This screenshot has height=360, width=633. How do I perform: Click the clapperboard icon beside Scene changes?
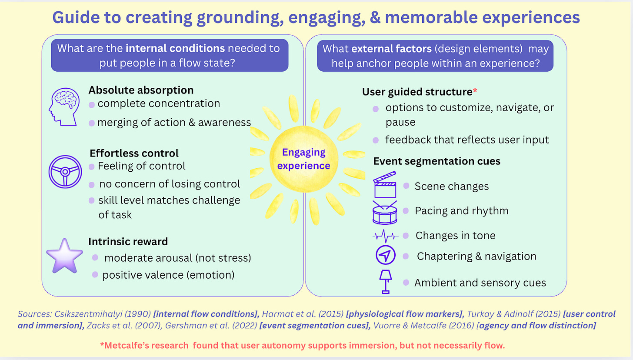tap(385, 185)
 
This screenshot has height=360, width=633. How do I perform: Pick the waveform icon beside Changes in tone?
tap(385, 236)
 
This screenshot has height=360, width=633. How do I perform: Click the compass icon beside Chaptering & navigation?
tap(385, 257)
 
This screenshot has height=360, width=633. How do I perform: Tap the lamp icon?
tap(385, 281)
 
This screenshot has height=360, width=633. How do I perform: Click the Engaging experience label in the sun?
tap(303, 159)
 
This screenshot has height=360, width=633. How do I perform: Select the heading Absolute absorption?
tap(141, 90)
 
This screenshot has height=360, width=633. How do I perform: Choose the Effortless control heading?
tap(134, 153)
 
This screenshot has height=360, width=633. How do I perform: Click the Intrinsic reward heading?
tap(128, 242)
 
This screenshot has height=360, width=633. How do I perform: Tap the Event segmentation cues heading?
tap(437, 161)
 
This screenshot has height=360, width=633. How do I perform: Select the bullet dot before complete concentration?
tap(92, 104)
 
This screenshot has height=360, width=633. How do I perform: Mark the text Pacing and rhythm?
tap(461, 211)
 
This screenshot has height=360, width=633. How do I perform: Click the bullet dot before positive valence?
tap(95, 275)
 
